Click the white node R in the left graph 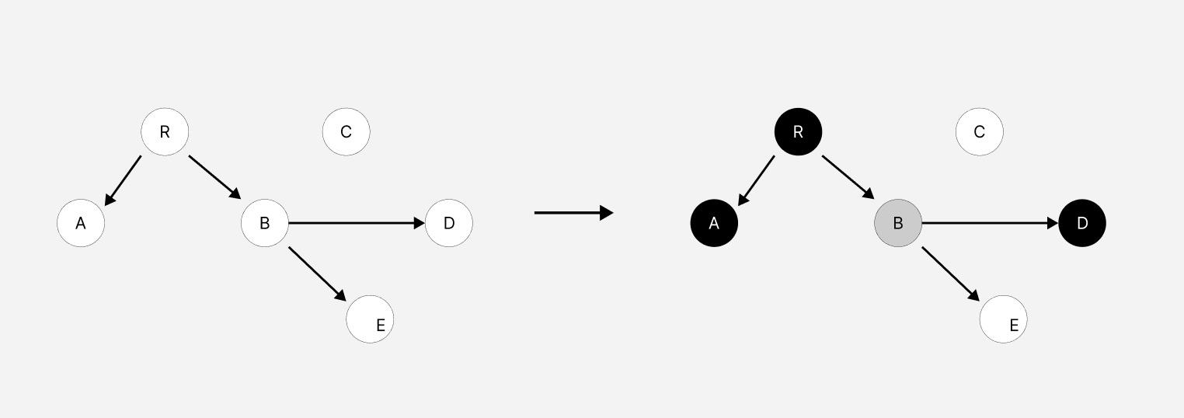coord(165,132)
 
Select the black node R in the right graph coord(798,132)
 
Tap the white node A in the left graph coord(81,224)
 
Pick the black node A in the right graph coord(714,224)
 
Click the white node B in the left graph coord(265,224)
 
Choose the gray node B coord(898,224)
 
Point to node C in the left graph coord(346,132)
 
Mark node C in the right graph coord(980,132)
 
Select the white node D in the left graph coord(449,224)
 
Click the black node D coord(1082,224)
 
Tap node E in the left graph coord(370,319)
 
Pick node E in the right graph coord(1004,319)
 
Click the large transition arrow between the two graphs coord(573,212)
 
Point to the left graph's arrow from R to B coord(215,177)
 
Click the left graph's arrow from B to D coord(357,224)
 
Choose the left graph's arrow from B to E coord(317,273)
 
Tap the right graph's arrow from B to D coord(990,224)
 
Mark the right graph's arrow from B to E coord(950,273)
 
